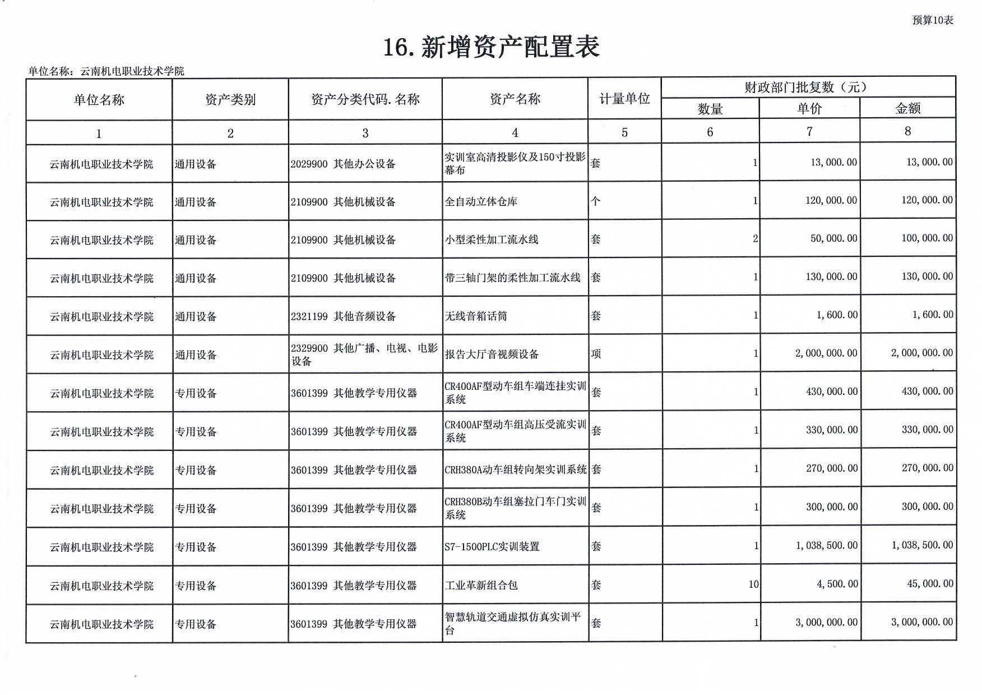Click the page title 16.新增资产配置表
[x=491, y=47]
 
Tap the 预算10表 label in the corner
[x=932, y=20]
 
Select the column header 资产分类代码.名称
[x=365, y=100]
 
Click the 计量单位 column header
[x=624, y=99]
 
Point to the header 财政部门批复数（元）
[x=808, y=88]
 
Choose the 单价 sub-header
[x=809, y=108]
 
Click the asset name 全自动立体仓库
[x=480, y=201]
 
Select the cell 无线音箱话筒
[x=476, y=316]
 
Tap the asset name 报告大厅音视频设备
[x=492, y=355]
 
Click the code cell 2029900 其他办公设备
[x=343, y=164]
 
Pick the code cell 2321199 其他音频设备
[x=343, y=316]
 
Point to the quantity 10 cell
[x=753, y=584]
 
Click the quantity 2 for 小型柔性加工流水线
[x=755, y=239]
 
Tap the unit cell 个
[x=595, y=201]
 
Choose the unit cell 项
[x=595, y=354]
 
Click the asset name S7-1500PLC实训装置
[x=492, y=546]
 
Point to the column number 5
[x=624, y=132]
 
